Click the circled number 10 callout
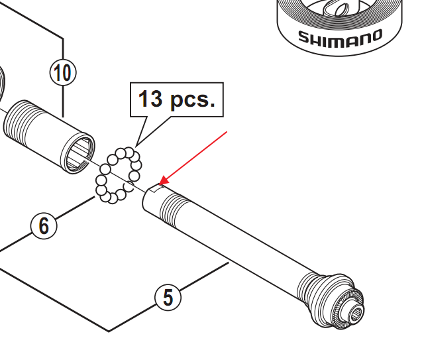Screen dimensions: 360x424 (63, 72)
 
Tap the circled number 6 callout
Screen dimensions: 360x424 (44, 226)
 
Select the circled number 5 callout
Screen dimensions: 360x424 (168, 297)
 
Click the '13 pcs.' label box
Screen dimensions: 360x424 (177, 99)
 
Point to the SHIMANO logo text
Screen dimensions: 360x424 (340, 36)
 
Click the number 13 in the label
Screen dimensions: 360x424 (151, 99)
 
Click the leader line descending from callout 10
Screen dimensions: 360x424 (63, 99)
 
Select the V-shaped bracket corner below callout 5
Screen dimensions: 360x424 (109, 330)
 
